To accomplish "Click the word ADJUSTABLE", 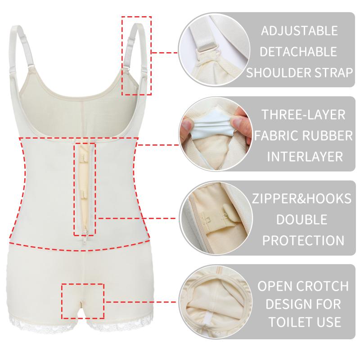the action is (299, 31).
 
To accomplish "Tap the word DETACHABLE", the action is (298, 51).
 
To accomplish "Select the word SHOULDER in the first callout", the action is (278, 72).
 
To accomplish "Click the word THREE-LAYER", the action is (303, 115).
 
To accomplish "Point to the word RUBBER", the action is (328, 135).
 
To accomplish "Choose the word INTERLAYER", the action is (305, 157).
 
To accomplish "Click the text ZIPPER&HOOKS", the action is (301, 198).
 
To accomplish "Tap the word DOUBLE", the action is (301, 220).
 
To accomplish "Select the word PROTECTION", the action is (303, 240).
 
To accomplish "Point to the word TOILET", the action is (289, 322).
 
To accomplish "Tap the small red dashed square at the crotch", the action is (83, 301).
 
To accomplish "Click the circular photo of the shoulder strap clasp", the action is (215, 50).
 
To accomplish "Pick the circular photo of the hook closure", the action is (216, 218).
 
